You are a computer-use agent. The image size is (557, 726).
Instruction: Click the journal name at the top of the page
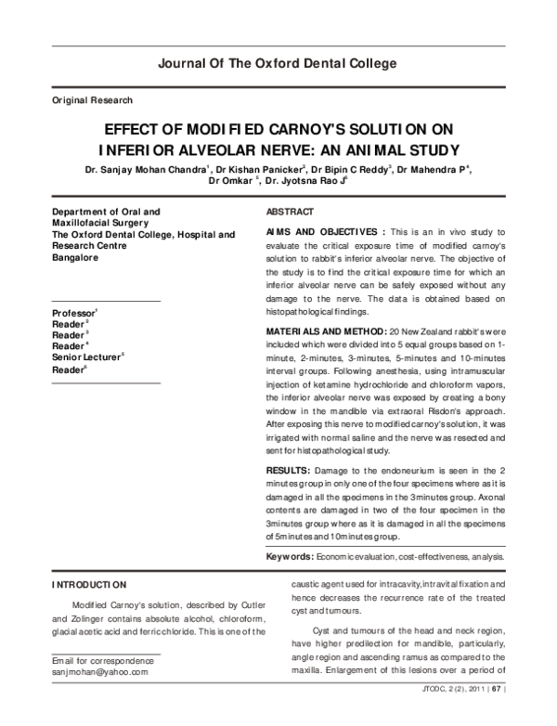pos(278,64)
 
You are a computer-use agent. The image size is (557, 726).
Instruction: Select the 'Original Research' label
pos(92,99)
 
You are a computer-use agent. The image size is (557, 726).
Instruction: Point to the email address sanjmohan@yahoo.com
pos(100,669)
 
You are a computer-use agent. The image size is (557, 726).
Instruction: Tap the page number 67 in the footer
pos(496,716)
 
